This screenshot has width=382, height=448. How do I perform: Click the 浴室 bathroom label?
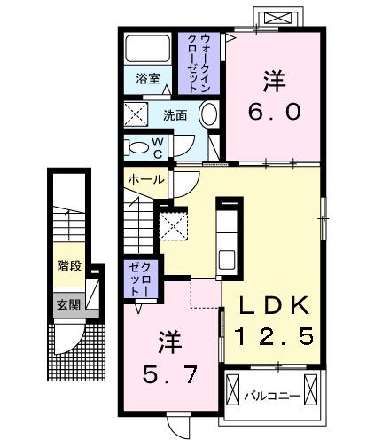147,79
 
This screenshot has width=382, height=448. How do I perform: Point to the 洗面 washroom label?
175,114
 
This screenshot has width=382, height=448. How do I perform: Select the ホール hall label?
145,179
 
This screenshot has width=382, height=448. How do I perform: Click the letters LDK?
273,306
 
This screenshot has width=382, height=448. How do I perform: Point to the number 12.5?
273,336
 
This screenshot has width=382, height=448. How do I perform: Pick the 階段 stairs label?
69,264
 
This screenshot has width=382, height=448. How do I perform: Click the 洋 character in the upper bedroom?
274,80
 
